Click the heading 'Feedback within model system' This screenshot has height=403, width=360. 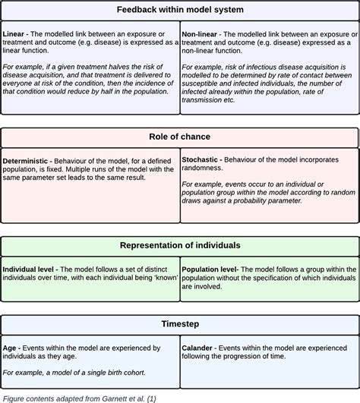[180, 10]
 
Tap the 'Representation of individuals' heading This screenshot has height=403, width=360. [180, 246]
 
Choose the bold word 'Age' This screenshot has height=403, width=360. [11, 347]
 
